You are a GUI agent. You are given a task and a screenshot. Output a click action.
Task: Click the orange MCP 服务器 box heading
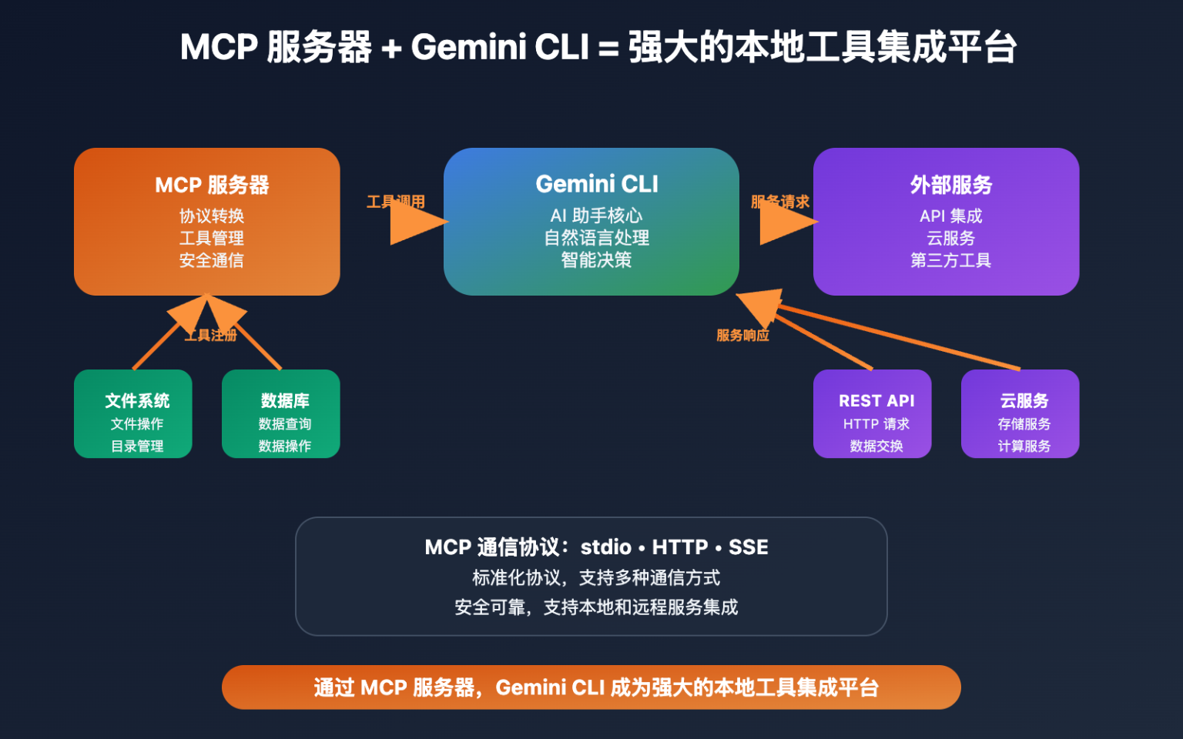click(212, 186)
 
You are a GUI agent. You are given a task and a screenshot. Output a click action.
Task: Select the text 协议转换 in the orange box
click(212, 216)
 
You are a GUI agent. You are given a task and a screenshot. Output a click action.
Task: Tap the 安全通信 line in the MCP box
click(212, 261)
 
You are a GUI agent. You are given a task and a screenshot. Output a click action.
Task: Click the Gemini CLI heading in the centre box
click(597, 185)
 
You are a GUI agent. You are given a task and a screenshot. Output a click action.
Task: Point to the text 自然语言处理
click(597, 239)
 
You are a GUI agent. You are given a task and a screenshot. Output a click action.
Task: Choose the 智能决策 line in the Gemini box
click(597, 261)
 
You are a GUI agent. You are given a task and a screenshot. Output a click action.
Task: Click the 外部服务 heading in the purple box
click(951, 186)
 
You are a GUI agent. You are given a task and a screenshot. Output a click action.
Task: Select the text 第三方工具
click(951, 261)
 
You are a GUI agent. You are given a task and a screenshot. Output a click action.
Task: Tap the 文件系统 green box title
click(137, 401)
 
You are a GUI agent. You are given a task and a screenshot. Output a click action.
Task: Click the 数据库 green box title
click(285, 401)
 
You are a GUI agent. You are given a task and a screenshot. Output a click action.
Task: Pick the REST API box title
click(876, 401)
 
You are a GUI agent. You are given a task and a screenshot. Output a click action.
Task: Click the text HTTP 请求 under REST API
click(876, 424)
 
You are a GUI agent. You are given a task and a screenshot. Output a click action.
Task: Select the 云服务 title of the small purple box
click(1024, 401)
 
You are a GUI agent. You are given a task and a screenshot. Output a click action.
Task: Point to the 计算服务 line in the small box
click(1024, 446)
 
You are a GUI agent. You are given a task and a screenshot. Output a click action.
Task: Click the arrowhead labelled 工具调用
click(416, 222)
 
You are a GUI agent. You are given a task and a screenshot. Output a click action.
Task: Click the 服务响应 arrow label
click(742, 336)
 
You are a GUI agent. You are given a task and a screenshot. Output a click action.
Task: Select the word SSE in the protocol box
click(749, 547)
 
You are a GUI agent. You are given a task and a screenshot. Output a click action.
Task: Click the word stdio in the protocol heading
click(605, 547)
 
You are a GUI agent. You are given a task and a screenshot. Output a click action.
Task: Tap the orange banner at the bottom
click(591, 687)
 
